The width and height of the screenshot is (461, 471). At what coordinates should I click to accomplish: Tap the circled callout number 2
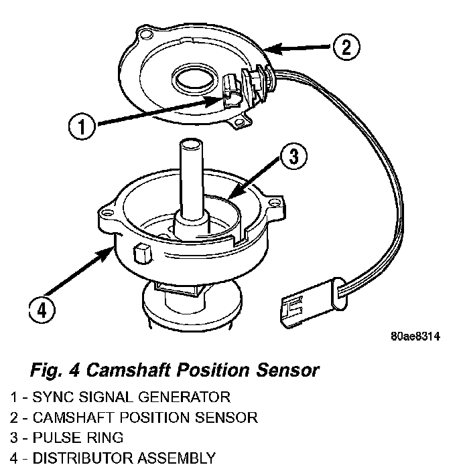344,47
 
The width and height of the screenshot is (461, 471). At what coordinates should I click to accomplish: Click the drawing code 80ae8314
415,337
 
